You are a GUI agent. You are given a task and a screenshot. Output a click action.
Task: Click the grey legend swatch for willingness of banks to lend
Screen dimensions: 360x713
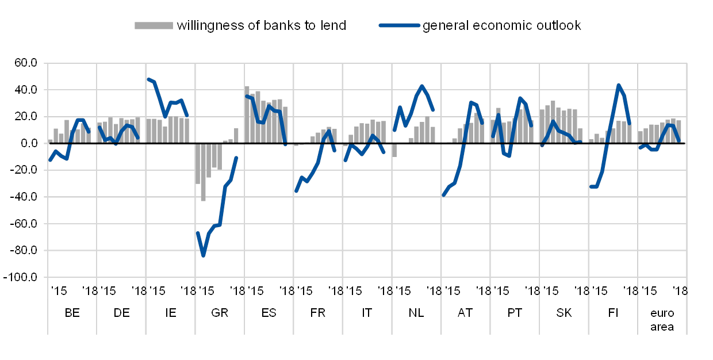click(x=154, y=25)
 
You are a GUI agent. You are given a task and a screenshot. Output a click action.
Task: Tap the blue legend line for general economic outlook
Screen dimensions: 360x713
click(x=399, y=25)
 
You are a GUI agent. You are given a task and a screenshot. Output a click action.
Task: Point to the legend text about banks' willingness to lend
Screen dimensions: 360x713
click(x=260, y=25)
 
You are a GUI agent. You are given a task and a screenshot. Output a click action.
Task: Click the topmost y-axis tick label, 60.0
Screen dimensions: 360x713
click(x=26, y=63)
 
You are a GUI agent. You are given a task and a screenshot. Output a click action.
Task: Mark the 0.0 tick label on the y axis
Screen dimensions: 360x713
click(x=29, y=143)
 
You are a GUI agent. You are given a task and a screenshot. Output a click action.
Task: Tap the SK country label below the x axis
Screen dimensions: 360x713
click(x=564, y=313)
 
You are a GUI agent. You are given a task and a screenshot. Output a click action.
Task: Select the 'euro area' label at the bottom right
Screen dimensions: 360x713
click(x=662, y=320)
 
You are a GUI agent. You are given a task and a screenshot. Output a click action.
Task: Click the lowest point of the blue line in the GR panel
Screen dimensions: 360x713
click(x=203, y=255)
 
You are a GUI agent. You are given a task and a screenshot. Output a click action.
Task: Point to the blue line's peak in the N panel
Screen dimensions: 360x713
click(x=422, y=86)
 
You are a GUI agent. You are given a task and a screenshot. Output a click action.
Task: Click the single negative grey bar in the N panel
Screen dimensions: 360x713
click(x=394, y=150)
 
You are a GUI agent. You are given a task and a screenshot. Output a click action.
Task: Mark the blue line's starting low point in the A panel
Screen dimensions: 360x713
click(x=444, y=195)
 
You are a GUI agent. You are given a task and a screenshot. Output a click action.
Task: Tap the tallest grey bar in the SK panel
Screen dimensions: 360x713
click(x=553, y=122)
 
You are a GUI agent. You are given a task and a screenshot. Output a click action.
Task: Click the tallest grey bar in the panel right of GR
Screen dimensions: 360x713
click(x=247, y=114)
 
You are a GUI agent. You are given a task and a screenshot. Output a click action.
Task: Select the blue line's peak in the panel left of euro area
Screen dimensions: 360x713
click(x=619, y=85)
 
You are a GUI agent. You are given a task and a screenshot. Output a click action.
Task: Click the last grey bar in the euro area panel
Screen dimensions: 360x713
click(x=678, y=131)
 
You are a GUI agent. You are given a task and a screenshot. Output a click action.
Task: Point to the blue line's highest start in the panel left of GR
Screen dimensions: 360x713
click(x=148, y=79)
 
